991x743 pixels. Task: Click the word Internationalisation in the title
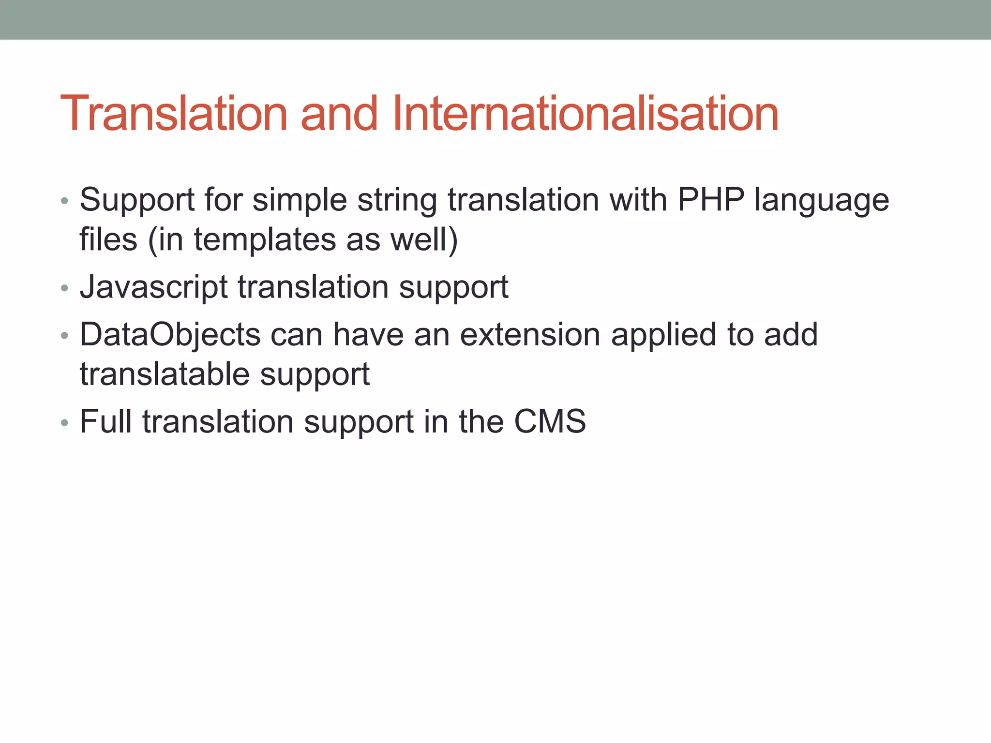[x=585, y=114]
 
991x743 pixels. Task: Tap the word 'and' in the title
[x=339, y=114]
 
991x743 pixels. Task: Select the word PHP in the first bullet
[x=711, y=200]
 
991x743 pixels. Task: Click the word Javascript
[x=153, y=287]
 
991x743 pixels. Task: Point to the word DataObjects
[x=170, y=335]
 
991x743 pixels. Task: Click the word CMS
[x=550, y=421]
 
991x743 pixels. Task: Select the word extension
[x=530, y=335]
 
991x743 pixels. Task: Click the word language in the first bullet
[x=822, y=201]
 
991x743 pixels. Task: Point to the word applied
[x=664, y=335]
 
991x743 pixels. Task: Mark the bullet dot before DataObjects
[x=64, y=336]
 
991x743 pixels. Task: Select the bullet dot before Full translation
[x=64, y=423]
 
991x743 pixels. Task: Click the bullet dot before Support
[x=64, y=202]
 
